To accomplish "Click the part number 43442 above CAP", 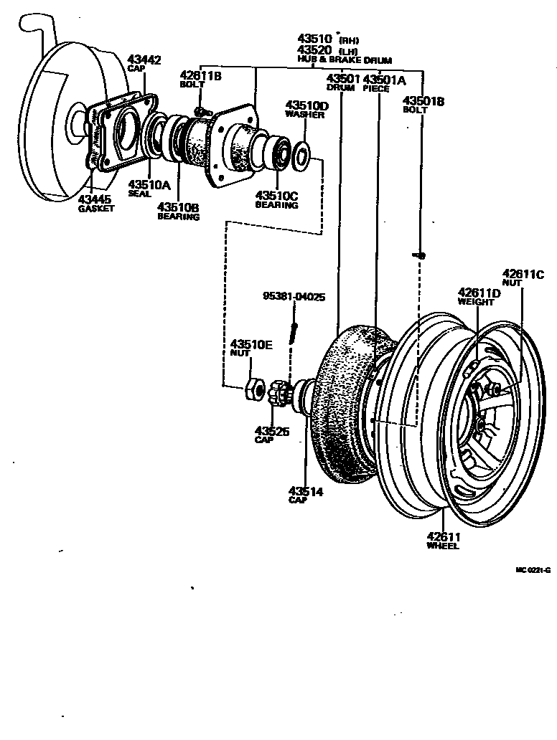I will click(x=145, y=60).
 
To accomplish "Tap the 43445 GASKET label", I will click(x=95, y=203).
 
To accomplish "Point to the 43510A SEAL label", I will click(x=149, y=188).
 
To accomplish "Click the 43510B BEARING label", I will click(x=178, y=212).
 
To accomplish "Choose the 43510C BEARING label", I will click(x=276, y=199).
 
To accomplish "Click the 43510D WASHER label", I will click(x=306, y=109).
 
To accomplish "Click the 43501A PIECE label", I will click(x=384, y=83).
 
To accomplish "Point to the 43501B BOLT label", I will click(x=423, y=105).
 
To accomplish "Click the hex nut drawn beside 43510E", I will click(x=253, y=389).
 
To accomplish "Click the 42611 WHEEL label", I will click(x=443, y=540).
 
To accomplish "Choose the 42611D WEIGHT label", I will click(x=479, y=297).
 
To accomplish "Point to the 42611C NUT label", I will click(x=523, y=278).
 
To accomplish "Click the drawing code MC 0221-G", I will click(x=533, y=570).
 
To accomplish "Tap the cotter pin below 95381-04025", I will click(x=293, y=332).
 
